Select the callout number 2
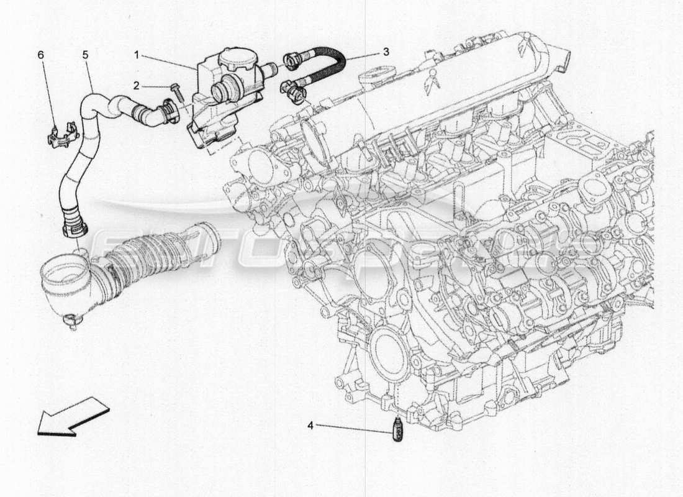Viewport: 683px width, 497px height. tap(136, 85)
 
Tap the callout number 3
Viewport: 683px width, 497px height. tap(386, 52)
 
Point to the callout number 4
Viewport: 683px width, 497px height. tap(310, 426)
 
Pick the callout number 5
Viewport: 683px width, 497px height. tap(85, 55)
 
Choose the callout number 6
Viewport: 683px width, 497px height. tap(41, 55)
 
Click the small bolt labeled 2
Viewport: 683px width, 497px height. tap(176, 91)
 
